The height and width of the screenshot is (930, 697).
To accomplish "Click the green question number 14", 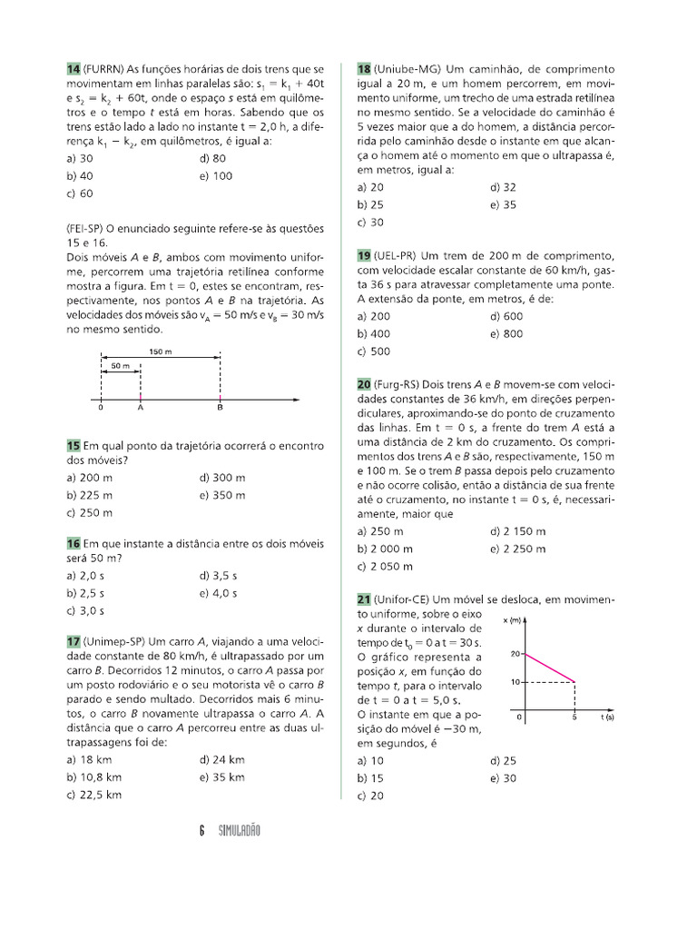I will point(74,69).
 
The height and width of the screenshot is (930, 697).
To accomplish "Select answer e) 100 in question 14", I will point(215,176).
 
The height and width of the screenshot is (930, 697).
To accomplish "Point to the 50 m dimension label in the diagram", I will point(120,365).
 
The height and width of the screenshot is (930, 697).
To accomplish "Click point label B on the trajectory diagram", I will point(220,409).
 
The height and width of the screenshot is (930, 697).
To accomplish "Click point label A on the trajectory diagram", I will point(141,409).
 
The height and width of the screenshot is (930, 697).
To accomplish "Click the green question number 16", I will point(74,543).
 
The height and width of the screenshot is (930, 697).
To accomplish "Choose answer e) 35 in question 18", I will point(503,204).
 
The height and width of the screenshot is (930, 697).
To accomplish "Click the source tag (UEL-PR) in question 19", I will point(394,255).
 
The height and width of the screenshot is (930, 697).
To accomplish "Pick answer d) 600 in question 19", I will point(506,316).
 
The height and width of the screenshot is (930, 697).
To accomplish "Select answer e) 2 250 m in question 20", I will point(517,549).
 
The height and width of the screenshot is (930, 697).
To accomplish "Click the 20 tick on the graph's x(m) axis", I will point(513,654).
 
